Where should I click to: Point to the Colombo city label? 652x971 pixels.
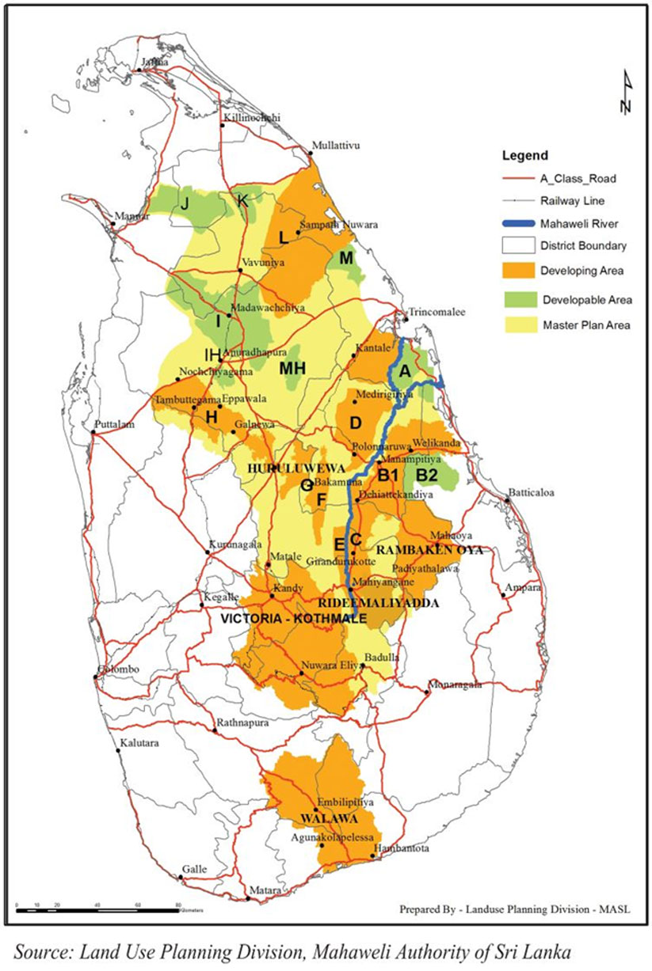point(119,669)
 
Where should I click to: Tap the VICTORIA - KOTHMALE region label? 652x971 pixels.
point(295,619)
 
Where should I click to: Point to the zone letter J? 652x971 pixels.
point(184,203)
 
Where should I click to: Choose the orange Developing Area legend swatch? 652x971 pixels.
point(517,271)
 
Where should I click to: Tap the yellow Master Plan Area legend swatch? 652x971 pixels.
point(517,324)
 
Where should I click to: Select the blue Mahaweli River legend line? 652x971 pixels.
point(517,223)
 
